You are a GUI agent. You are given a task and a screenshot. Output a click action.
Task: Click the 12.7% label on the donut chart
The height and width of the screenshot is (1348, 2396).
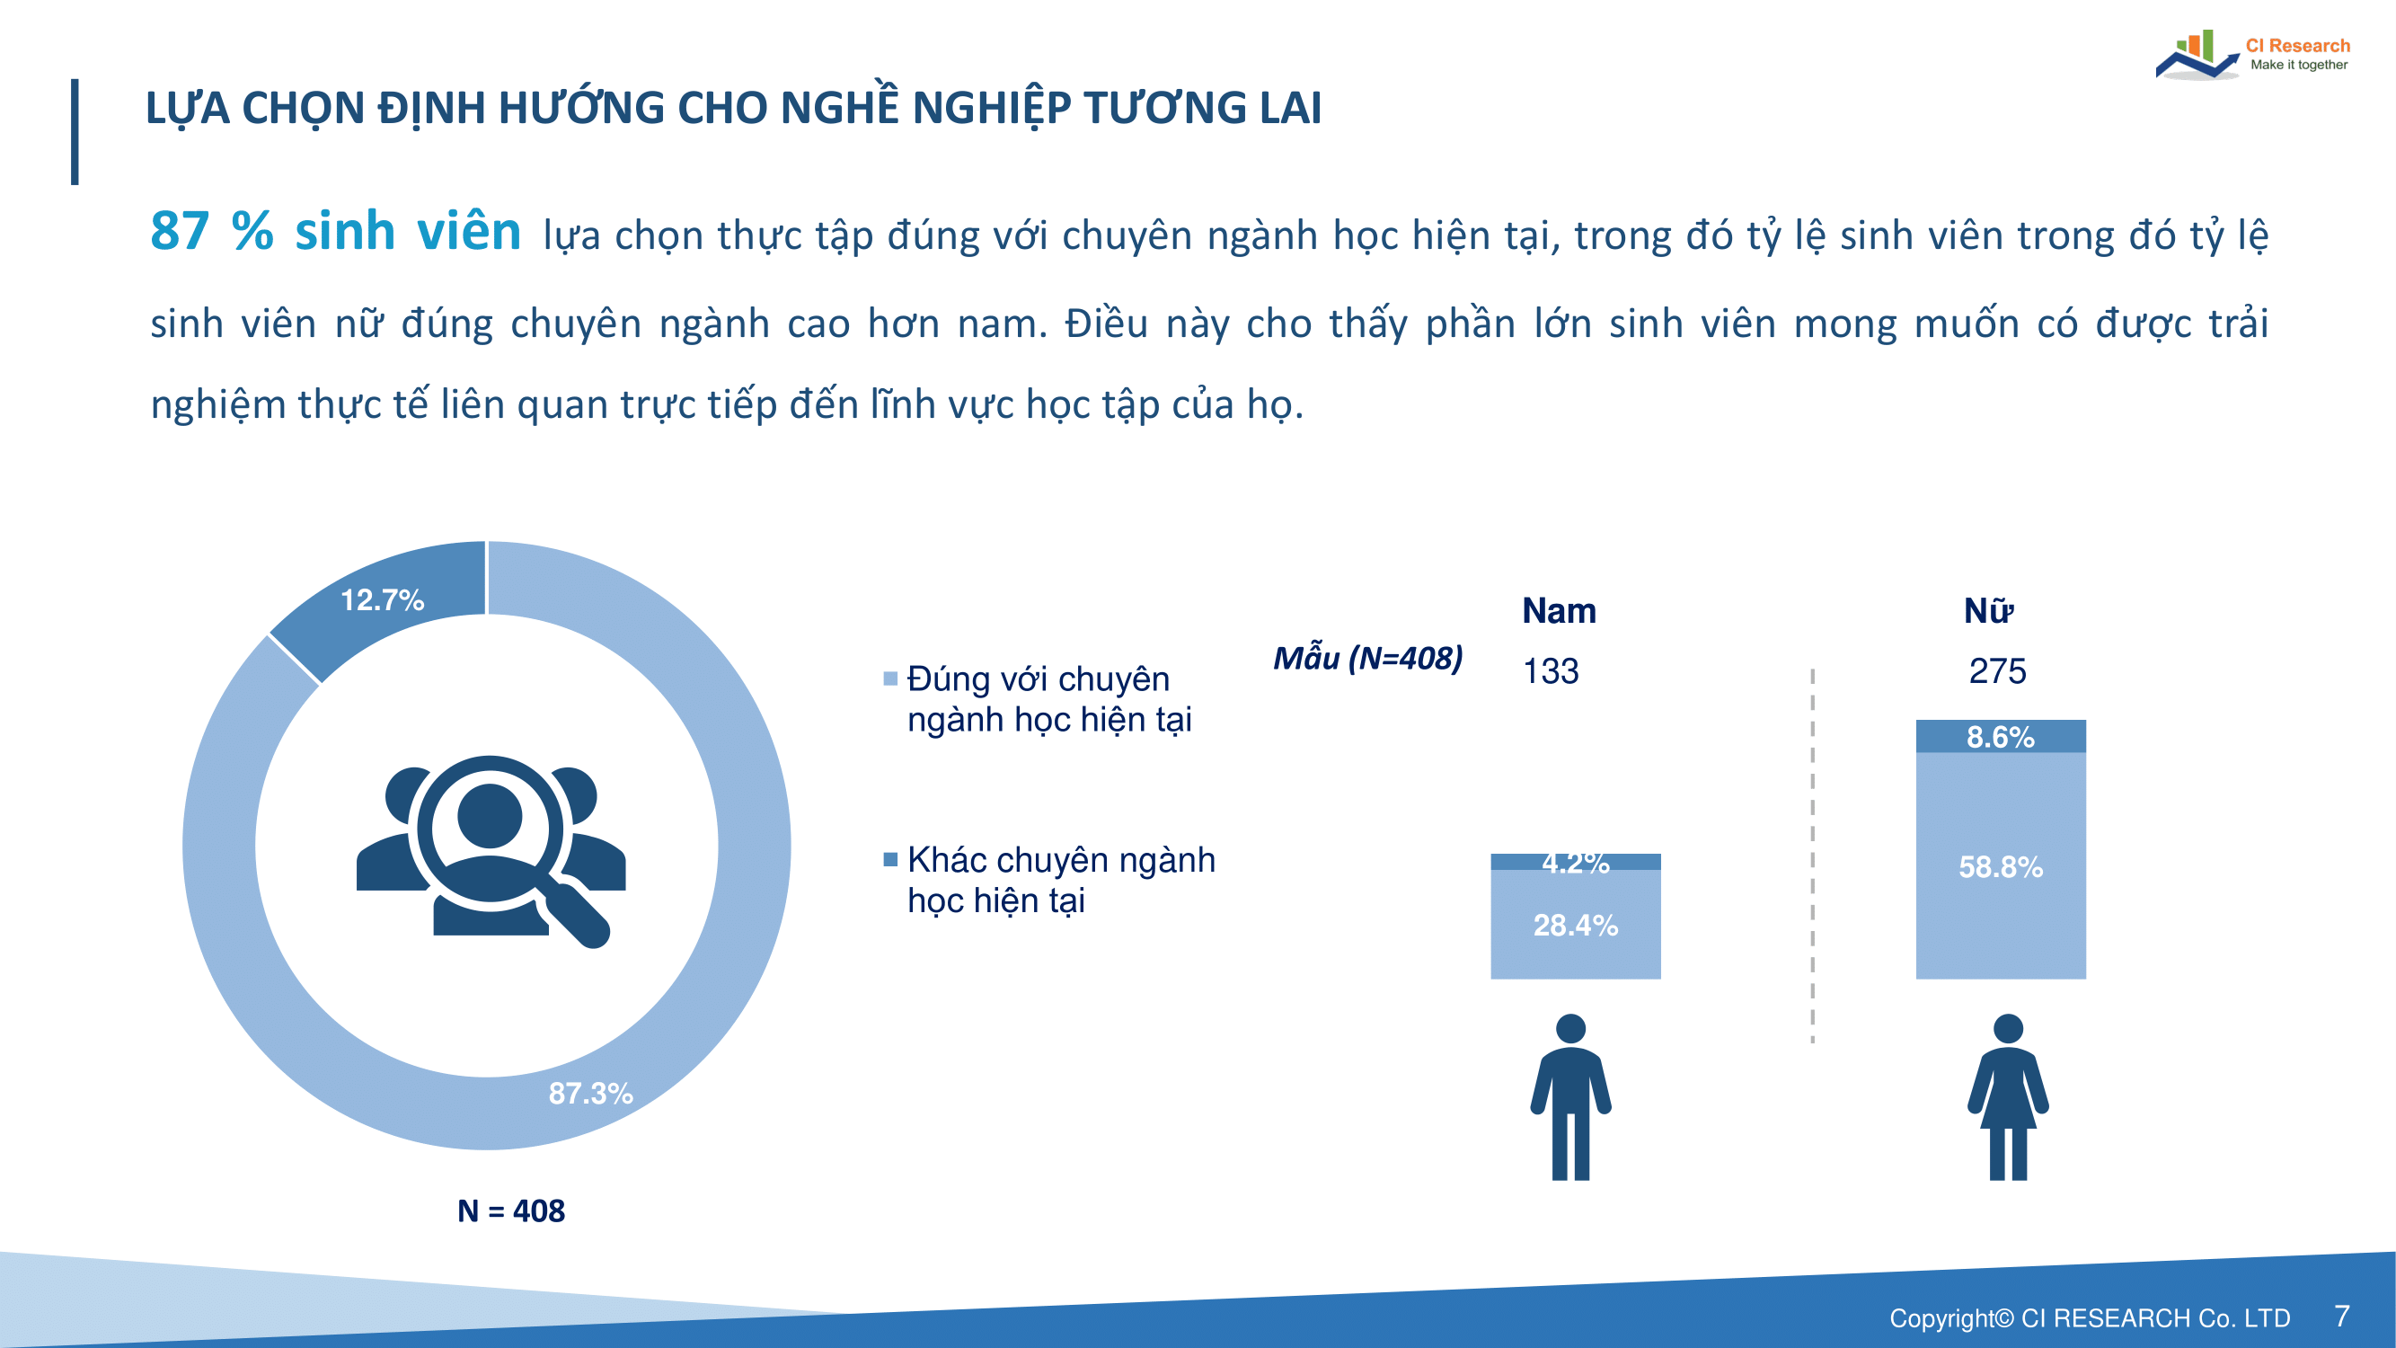[383, 600]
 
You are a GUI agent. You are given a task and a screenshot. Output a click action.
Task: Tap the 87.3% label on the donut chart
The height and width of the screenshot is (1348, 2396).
[590, 1093]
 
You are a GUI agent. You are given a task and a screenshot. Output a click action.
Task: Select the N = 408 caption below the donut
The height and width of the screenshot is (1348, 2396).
[510, 1211]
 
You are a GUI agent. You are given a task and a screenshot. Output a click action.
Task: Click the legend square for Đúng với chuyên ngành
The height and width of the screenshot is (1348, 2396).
[890, 678]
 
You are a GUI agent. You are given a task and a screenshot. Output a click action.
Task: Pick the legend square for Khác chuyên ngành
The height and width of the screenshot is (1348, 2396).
[890, 858]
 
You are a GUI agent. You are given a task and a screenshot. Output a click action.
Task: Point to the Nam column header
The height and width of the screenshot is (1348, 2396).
[1559, 610]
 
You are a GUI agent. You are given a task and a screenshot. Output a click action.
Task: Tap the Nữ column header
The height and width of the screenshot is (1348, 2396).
[1989, 610]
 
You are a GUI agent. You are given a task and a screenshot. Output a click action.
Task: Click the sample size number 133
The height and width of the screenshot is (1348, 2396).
[1551, 670]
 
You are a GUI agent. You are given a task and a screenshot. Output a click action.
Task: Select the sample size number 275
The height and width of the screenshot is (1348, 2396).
[1997, 670]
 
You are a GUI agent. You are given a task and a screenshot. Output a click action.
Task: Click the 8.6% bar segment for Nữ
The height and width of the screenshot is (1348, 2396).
[2001, 736]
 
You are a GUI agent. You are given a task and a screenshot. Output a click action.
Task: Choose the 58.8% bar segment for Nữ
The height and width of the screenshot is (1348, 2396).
[2001, 865]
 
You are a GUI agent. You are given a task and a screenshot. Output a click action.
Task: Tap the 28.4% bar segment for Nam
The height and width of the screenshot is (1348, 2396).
[1576, 924]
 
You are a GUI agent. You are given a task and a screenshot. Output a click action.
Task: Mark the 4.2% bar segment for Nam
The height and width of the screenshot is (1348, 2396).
[1576, 862]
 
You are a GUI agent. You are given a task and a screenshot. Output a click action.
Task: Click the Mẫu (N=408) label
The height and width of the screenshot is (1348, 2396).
[1367, 659]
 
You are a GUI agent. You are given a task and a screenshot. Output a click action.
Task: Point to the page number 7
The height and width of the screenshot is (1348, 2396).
[2342, 1316]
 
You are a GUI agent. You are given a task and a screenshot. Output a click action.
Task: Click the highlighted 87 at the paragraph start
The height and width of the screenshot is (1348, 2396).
[180, 231]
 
